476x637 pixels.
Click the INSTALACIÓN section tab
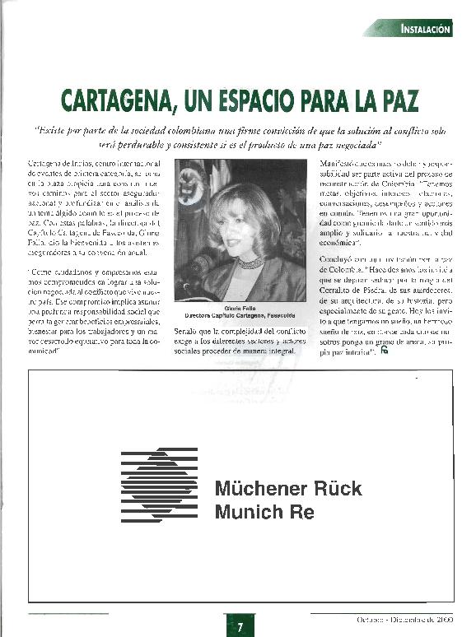(426, 29)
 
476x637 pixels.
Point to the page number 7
(239, 627)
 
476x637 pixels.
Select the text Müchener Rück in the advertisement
(287, 488)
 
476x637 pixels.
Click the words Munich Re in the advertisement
(264, 512)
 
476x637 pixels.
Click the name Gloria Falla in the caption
(228, 308)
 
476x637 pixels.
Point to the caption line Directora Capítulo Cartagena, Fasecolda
(229, 316)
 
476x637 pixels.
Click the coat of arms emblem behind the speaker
(189, 186)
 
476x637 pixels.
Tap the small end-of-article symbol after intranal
(384, 352)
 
